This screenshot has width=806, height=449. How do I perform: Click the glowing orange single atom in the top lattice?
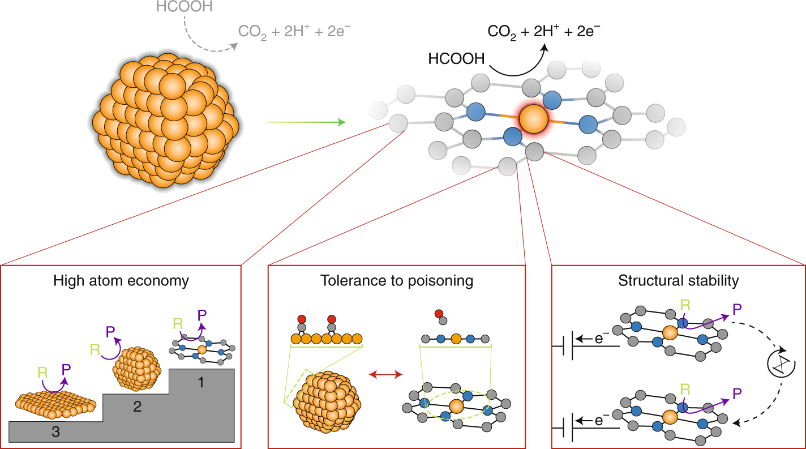(533, 119)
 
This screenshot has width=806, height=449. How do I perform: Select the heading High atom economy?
(121, 281)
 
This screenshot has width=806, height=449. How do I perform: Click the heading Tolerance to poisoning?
(397, 281)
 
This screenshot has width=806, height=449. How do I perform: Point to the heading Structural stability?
(679, 281)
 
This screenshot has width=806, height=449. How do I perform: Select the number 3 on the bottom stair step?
(56, 431)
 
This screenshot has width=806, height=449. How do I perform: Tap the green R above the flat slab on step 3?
(42, 373)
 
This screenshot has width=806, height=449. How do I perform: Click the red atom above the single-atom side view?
(438, 313)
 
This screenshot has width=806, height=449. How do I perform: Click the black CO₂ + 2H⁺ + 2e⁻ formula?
(543, 31)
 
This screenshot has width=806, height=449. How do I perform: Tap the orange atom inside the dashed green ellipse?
(457, 407)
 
